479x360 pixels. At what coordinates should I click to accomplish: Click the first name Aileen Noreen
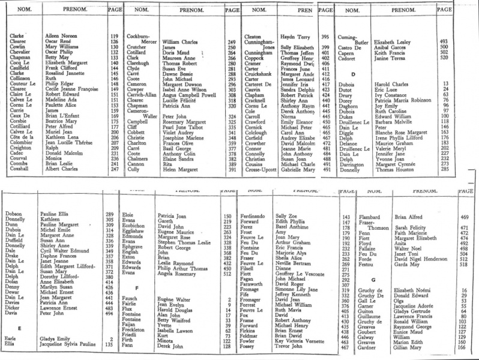pos(59,37)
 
